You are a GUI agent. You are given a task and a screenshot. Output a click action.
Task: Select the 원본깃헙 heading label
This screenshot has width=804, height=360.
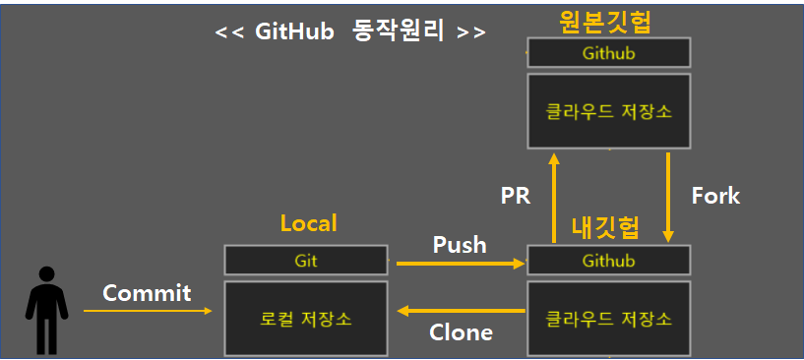[606, 21]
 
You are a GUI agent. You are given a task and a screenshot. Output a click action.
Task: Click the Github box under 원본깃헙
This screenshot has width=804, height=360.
[608, 53]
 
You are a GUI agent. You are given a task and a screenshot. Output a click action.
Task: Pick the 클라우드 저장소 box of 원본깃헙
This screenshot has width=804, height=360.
[608, 110]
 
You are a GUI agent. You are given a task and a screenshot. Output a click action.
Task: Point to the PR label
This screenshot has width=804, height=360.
[516, 196]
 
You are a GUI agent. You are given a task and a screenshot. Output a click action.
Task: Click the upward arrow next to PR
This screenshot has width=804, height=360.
[554, 197]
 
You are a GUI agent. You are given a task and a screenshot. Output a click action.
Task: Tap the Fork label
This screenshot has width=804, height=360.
[715, 195]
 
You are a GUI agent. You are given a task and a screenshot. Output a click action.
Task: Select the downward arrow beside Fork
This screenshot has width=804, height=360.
[668, 197]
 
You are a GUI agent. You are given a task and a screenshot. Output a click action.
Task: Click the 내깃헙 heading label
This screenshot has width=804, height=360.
[606, 227]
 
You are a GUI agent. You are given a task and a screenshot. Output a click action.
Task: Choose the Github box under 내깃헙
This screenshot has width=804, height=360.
[608, 261]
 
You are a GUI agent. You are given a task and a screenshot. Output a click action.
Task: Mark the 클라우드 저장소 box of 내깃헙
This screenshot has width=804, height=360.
[608, 319]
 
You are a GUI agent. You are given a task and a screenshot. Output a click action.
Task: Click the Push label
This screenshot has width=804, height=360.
[460, 244]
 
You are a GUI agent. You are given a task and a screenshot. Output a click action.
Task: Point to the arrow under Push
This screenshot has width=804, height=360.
[460, 264]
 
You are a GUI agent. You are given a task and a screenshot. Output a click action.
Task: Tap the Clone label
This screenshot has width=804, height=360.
[461, 332]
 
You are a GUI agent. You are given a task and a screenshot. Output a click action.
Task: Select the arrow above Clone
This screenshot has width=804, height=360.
[460, 311]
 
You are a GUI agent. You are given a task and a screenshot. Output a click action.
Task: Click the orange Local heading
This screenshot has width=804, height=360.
[308, 223]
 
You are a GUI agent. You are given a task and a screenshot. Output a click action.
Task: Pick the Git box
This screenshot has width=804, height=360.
[306, 261]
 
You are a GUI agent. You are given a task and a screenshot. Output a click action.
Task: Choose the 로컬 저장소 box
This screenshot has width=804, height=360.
[306, 319]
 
